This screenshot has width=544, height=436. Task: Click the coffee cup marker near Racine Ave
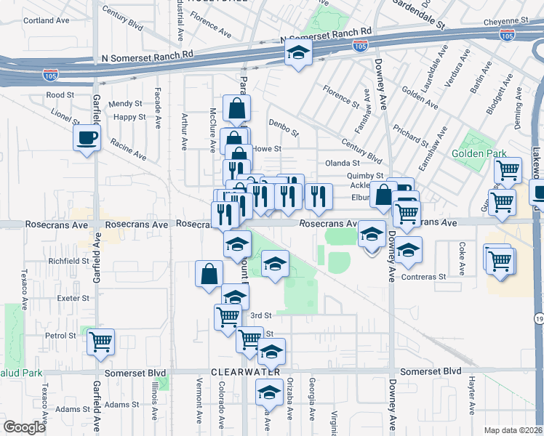[x=87, y=138]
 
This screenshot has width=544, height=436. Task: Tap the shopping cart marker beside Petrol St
[x=100, y=341]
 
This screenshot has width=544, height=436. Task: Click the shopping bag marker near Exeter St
[x=209, y=274]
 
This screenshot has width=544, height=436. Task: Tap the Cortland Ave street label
[x=46, y=20]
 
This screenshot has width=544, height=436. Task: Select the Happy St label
[x=130, y=117]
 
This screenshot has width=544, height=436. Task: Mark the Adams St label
[x=121, y=404]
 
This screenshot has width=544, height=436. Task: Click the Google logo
[x=25, y=427]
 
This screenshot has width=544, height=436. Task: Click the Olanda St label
[x=343, y=163]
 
